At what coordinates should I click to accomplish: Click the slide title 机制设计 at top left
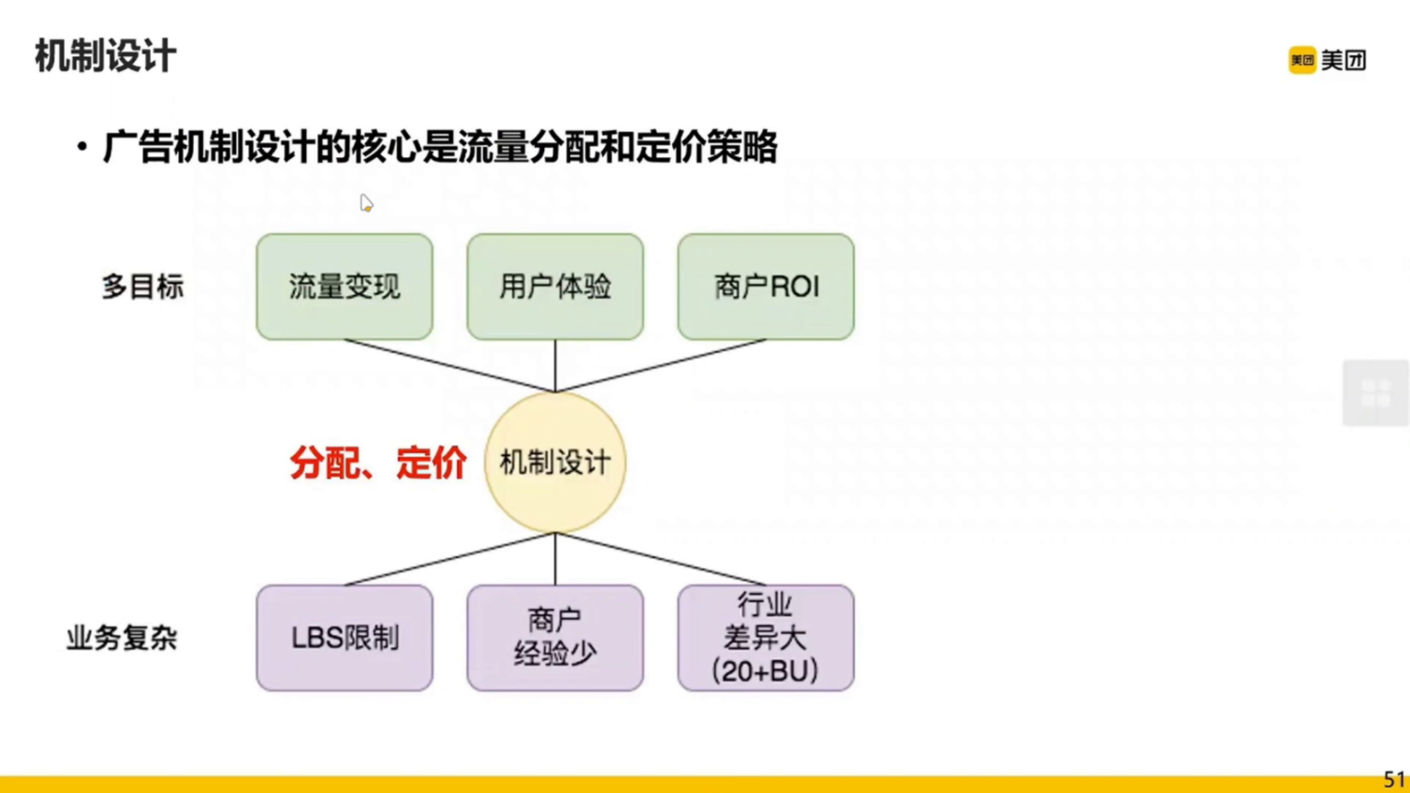pos(105,56)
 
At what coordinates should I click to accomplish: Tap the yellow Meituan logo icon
pos(1301,60)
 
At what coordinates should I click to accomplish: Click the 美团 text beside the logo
pos(1344,60)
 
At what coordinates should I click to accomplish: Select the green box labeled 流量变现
pos(345,286)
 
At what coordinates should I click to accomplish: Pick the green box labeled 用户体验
pos(555,286)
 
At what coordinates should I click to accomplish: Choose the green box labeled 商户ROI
pos(766,286)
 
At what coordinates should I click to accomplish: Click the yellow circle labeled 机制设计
pos(555,463)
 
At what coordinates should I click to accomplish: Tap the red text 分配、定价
pos(377,463)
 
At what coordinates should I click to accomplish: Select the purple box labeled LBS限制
pos(345,639)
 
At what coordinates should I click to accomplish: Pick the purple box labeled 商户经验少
pos(555,639)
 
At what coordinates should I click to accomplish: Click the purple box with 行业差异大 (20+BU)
pos(766,639)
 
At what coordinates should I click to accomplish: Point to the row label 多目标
pos(142,286)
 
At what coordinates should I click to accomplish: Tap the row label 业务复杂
pos(122,639)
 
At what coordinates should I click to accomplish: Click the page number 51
pos(1394,779)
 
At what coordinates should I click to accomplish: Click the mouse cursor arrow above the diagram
pos(366,203)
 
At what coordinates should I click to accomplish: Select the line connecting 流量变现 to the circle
pos(449,365)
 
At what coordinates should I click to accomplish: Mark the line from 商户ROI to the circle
pos(661,365)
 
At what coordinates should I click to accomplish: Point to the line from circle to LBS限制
pos(449,559)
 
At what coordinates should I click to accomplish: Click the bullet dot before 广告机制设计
pos(82,147)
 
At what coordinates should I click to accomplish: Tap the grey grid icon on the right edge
pos(1375,393)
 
